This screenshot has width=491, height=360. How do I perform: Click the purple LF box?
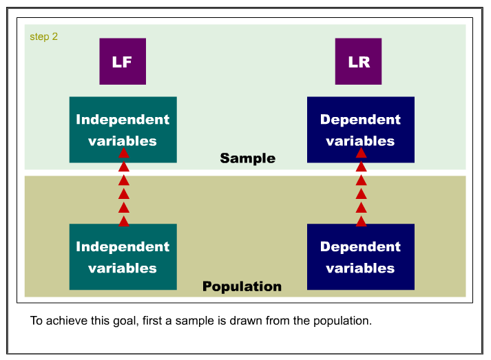[x=123, y=61]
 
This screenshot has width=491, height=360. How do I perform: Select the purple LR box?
[x=358, y=61]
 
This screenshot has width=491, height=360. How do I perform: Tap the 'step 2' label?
[x=44, y=37]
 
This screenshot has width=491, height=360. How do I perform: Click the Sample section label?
[x=248, y=158]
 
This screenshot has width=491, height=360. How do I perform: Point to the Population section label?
[x=242, y=286]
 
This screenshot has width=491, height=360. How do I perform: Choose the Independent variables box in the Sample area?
[x=123, y=129]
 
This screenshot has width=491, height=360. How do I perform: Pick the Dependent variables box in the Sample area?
[x=361, y=129]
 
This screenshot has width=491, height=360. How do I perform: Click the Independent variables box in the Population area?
[x=123, y=257]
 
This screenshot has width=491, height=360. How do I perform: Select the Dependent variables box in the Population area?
[x=361, y=257]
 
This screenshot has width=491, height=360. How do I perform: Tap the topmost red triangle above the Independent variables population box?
[x=124, y=153]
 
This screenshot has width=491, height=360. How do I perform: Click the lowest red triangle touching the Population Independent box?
[x=124, y=222]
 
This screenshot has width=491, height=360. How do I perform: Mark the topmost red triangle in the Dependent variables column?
[x=362, y=153]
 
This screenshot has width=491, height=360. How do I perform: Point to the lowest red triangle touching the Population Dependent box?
[x=362, y=222]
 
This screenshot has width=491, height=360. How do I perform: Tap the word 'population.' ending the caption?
[x=342, y=321]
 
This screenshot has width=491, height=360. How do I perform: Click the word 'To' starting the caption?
[x=36, y=321]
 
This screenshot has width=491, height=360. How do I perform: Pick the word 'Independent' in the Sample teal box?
[x=123, y=120]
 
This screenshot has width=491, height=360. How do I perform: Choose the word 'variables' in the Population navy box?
[x=360, y=268]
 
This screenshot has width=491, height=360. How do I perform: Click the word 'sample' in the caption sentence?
[x=194, y=321]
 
